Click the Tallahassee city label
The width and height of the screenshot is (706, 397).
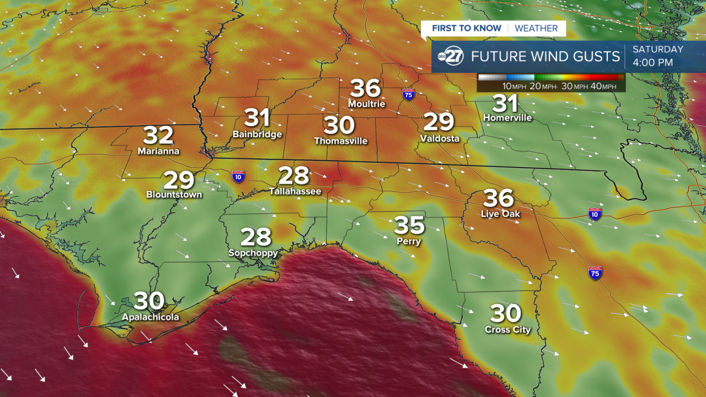[x=295, y=191]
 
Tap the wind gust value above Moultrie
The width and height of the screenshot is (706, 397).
[x=366, y=88]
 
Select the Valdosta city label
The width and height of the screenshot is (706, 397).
[x=440, y=138]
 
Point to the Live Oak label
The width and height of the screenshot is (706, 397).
[x=500, y=214]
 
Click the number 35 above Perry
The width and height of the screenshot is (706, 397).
[x=409, y=225]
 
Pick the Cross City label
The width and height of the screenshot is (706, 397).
[x=507, y=330]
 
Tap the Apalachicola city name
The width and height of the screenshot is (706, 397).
[x=151, y=317]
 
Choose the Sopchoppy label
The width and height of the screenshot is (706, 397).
[x=253, y=253]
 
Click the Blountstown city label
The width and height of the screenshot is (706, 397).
[x=174, y=195]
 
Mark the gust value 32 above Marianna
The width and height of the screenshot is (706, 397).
[x=158, y=135]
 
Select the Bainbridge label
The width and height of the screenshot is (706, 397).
[x=257, y=135]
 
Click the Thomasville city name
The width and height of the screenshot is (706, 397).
[x=341, y=141]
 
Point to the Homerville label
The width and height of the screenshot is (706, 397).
[x=507, y=118]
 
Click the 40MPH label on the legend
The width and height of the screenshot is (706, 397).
[x=606, y=87]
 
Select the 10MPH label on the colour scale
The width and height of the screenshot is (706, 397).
[x=514, y=87]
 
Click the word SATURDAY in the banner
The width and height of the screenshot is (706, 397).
[x=657, y=49]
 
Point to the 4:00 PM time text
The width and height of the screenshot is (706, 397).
[x=652, y=63]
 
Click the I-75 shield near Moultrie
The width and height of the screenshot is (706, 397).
[x=409, y=94]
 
